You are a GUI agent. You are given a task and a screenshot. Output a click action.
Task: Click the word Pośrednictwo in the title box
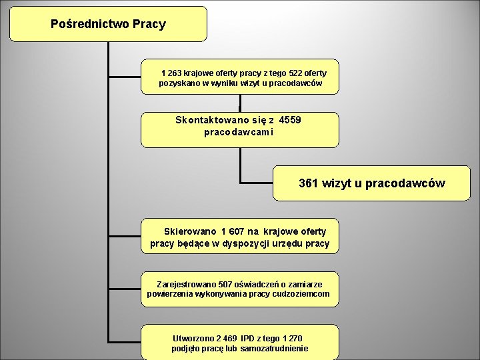coord(89,25)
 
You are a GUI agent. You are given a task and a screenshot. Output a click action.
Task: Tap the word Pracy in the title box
coord(149,25)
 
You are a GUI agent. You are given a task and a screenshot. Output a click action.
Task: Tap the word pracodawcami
coord(239,132)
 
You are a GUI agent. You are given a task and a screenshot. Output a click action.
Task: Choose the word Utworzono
coord(194,339)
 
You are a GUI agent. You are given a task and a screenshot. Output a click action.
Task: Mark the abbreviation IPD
coord(248,339)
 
